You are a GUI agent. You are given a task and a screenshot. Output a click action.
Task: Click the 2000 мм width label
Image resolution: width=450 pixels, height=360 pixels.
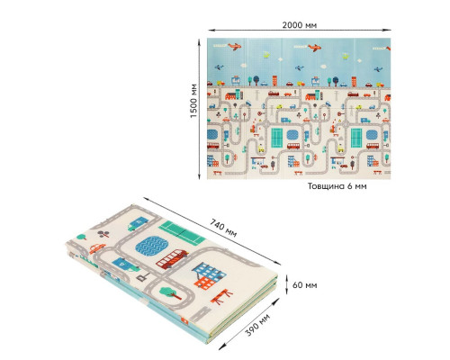coord(299,24)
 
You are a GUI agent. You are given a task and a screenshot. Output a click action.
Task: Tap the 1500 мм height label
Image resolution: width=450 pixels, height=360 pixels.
coord(193,101)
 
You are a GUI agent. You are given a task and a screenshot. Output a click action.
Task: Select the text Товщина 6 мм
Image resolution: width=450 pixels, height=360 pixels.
coord(337,186)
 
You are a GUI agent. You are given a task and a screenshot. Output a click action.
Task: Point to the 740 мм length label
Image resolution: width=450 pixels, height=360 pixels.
coord(223,228)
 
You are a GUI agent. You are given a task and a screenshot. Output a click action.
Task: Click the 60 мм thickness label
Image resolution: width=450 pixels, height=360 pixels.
coord(304,284)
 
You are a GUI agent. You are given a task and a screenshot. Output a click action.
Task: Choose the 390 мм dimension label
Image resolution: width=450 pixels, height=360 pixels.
coord(257,325)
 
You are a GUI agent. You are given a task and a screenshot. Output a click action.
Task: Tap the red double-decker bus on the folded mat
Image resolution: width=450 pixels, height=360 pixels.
coord(172,259)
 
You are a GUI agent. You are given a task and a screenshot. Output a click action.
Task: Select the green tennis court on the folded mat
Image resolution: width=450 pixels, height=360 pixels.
coord(182,232)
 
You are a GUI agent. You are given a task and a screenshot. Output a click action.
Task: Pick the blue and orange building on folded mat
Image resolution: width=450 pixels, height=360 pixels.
coord(209,275)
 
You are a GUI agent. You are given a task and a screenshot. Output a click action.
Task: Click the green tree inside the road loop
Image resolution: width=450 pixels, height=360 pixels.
coord(170,292)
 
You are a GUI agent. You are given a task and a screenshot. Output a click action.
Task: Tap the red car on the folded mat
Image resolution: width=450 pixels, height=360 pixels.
coord(97,248)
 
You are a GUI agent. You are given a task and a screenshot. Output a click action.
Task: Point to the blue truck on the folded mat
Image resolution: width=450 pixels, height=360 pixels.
coord(138,223)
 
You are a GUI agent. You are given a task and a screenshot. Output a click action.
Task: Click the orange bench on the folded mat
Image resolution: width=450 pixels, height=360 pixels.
coord(221,296)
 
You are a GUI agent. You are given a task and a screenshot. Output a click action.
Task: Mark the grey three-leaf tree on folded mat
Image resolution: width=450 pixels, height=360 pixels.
coord(103,233)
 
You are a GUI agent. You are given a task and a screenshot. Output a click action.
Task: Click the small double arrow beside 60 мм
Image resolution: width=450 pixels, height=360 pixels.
coord(286,283)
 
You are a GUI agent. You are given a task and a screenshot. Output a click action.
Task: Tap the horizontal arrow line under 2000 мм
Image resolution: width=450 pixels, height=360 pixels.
coord(300,30)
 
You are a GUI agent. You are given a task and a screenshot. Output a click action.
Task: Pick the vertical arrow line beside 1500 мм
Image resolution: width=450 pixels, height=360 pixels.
coord(199,109)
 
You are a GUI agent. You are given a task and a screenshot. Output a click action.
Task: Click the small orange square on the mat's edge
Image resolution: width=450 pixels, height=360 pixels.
coord(185,321)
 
